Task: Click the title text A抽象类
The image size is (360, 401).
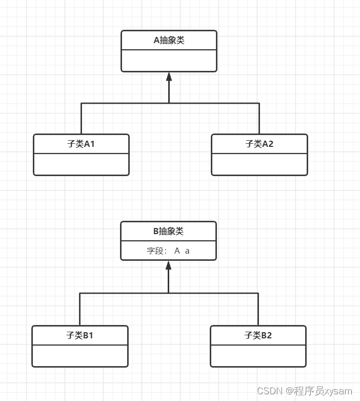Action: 169,41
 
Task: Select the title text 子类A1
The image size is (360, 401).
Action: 81,144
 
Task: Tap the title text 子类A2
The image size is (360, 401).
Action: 259,144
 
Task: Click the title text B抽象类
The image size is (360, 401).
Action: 168,232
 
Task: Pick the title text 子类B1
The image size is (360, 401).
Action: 79,336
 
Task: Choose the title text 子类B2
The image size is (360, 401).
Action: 258,336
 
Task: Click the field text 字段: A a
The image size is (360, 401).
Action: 168,251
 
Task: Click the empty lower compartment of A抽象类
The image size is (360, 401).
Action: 169,61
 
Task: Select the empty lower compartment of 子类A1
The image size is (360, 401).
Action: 81,164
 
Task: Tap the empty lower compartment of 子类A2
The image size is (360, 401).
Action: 259,164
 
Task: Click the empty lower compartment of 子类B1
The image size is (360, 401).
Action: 79,356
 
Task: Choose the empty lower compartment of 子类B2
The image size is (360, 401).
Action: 258,356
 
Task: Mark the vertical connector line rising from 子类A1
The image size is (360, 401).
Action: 81,119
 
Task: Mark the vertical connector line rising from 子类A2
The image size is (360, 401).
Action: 259,119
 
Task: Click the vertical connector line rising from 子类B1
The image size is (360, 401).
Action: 79,310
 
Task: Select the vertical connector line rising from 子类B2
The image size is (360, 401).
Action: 258,310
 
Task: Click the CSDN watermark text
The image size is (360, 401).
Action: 305,391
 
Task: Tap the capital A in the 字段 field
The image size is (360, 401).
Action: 177,251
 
